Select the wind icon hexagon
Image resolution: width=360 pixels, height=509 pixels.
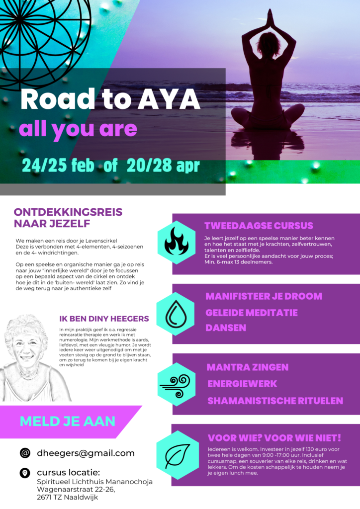coord(176,384)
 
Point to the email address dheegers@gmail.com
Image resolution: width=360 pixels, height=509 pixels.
coord(86,453)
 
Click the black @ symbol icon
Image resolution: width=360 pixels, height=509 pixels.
coord(25,453)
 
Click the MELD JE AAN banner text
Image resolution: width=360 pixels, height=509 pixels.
coord(67,421)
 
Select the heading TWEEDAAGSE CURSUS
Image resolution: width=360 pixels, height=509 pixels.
coord(259,226)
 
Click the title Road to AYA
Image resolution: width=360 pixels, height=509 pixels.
coord(110,100)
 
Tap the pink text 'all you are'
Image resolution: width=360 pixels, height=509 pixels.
coord(78,129)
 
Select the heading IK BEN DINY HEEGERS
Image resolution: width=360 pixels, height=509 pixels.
coord(103,319)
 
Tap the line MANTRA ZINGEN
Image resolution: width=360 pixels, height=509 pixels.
coord(247,367)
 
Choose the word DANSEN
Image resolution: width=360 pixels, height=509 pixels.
coord(226,329)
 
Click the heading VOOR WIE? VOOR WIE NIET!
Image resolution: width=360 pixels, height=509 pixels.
coord(274,438)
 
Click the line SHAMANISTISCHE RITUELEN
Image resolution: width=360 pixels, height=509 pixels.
coord(274,401)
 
